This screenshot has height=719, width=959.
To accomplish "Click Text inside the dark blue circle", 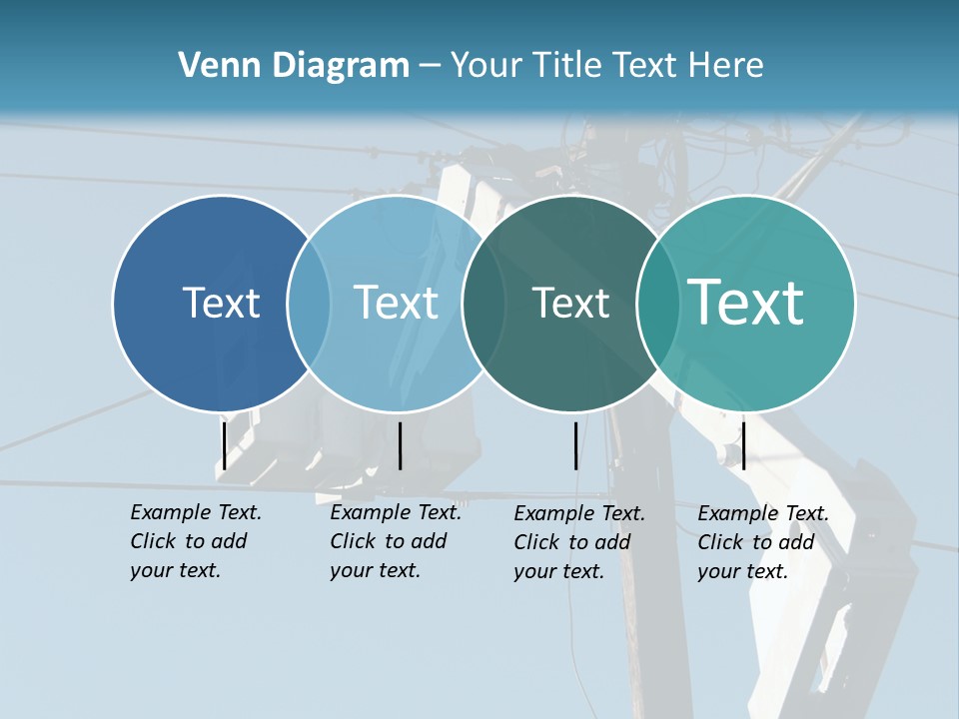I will pyautogui.click(x=221, y=303).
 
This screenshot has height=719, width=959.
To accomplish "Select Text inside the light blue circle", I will pyautogui.click(x=397, y=303).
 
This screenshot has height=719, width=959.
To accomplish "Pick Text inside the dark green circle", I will pyautogui.click(x=570, y=303).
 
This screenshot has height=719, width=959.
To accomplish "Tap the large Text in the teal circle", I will pyautogui.click(x=746, y=303).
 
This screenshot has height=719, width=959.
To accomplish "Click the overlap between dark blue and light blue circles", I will pyautogui.click(x=309, y=303).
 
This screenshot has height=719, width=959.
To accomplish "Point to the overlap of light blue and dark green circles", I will pyautogui.click(x=484, y=303).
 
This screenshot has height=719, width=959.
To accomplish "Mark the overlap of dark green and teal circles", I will pyautogui.click(x=658, y=303).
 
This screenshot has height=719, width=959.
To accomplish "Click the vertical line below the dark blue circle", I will pyautogui.click(x=224, y=445).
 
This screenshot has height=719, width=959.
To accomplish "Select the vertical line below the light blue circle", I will pyautogui.click(x=400, y=445).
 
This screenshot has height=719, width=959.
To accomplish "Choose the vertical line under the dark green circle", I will pyautogui.click(x=576, y=445).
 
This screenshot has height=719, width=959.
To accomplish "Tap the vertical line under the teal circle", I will pyautogui.click(x=743, y=445).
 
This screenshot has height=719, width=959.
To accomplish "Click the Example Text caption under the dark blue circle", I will pyautogui.click(x=195, y=541).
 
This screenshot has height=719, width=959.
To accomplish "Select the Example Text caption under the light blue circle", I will pyautogui.click(x=395, y=541).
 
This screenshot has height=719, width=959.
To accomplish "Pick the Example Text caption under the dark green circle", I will pyautogui.click(x=578, y=542).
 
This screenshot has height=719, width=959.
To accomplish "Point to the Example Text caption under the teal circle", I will pyautogui.click(x=762, y=542).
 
